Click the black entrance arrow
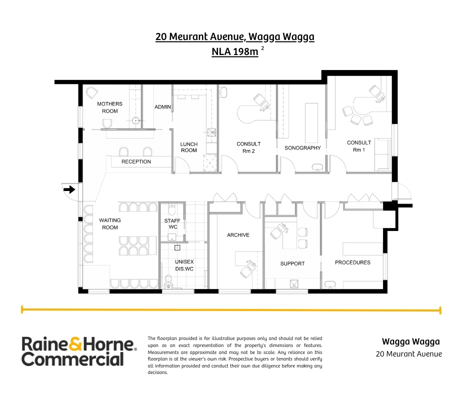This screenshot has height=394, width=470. point(69,189)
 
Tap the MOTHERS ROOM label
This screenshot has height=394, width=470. point(109,107)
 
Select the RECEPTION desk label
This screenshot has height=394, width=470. point(136,161)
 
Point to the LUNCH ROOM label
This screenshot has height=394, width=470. point(189,147)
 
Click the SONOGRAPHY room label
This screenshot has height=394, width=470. point(302,148)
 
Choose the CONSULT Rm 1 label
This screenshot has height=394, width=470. point(359,146)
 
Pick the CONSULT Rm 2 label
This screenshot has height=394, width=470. point(248,147)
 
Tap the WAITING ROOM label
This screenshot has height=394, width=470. point(109,223)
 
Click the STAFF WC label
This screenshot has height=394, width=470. point(172,223)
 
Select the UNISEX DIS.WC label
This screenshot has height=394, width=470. point(184,265)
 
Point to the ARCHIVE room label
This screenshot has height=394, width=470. point(238,235)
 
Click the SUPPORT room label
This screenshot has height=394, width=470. point(292,263)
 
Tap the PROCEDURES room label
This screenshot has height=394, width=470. point(352,262)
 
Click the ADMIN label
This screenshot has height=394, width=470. point(162,106)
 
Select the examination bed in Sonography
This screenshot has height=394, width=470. point(311,123)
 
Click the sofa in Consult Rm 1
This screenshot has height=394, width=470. point(382,154)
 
